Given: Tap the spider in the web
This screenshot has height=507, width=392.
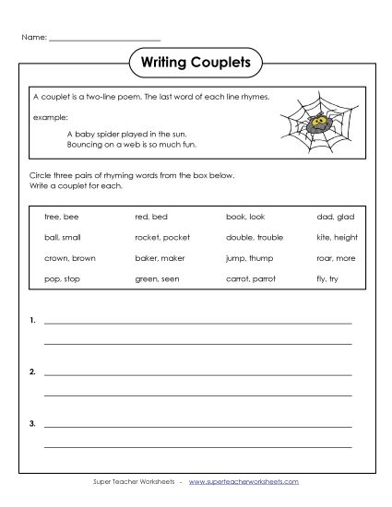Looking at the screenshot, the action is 317,123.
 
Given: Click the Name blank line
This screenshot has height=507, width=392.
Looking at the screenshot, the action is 104,39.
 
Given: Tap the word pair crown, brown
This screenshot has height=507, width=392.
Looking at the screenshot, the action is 69,258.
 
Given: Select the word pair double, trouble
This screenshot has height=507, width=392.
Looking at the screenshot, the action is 254,238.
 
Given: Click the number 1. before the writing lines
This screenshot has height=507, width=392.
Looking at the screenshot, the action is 33,321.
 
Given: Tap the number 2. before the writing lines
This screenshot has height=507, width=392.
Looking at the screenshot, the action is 33,372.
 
